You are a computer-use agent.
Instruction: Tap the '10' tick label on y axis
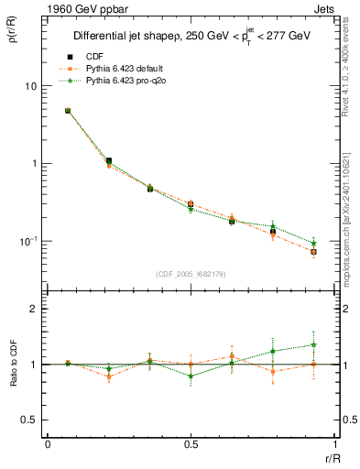pyautogui.click(x=30, y=86)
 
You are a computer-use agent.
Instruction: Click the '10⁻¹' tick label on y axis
pyautogui.click(x=28, y=241)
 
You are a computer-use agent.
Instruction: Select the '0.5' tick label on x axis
pyautogui.click(x=190, y=443)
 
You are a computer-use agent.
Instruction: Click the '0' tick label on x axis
pyautogui.click(x=47, y=443)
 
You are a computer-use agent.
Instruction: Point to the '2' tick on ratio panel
pyautogui.click(x=35, y=310)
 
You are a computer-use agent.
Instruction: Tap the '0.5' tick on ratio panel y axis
pyautogui.click(x=30, y=420)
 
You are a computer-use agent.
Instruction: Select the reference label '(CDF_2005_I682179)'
pyautogui.click(x=191, y=274)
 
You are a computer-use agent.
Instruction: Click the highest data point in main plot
pyautogui.click(x=68, y=111)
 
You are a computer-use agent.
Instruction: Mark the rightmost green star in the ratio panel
pyautogui.click(x=313, y=345)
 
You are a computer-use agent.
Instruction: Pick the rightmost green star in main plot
pyautogui.click(x=313, y=243)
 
